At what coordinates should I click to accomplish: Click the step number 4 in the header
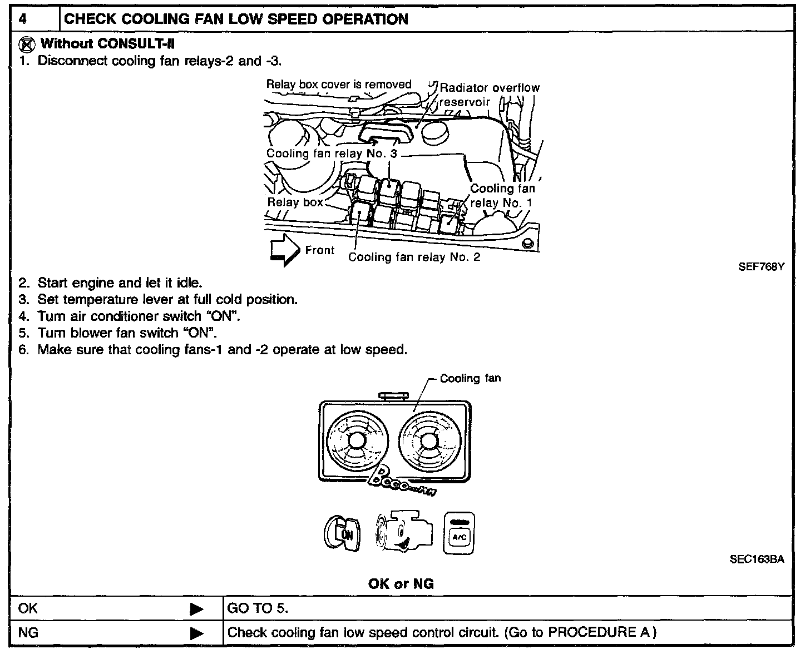(23, 19)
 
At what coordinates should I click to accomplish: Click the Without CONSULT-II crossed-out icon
(26, 43)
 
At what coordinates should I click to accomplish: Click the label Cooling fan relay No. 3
(332, 153)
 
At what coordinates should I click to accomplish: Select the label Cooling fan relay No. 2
(414, 257)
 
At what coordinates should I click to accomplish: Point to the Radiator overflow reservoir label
(489, 95)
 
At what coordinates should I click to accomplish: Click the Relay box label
(295, 202)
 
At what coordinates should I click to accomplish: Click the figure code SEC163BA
(757, 559)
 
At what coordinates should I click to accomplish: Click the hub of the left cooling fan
(355, 440)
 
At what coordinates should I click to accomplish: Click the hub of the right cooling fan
(428, 440)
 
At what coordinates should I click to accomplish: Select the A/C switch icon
(459, 533)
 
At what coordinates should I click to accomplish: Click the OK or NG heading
(401, 584)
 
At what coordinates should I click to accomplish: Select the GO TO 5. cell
(258, 608)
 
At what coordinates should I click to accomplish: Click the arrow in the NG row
(196, 633)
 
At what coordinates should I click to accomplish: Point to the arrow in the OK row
(196, 609)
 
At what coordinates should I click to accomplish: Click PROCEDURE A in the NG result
(599, 632)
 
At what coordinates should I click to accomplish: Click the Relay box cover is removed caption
(338, 85)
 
